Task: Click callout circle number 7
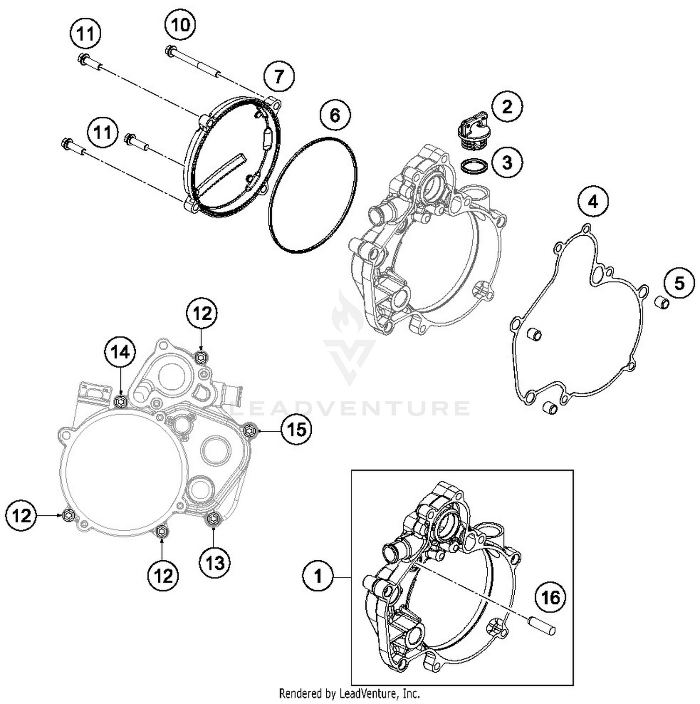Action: click(x=279, y=76)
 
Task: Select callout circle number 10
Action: click(x=181, y=24)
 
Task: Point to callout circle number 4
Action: click(x=593, y=202)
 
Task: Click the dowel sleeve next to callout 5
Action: click(x=661, y=303)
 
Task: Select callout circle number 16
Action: click(x=551, y=597)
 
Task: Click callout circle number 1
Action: click(x=318, y=577)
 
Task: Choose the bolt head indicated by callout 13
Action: click(x=213, y=518)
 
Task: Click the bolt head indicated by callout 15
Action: click(x=249, y=429)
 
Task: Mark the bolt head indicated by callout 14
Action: click(x=121, y=401)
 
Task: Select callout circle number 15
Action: click(x=296, y=429)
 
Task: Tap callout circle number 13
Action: click(x=215, y=563)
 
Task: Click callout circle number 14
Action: click(x=120, y=352)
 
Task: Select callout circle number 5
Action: click(x=679, y=282)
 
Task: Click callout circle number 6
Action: click(x=335, y=115)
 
